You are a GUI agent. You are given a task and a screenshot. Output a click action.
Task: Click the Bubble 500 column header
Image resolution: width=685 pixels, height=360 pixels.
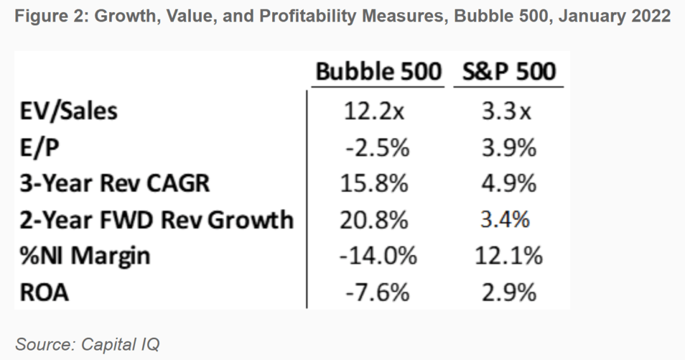coord(378,72)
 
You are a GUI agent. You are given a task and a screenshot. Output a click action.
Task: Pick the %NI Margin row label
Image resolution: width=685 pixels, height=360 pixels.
coord(86,256)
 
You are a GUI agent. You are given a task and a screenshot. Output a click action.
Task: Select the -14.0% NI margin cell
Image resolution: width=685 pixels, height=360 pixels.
coord(379,256)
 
